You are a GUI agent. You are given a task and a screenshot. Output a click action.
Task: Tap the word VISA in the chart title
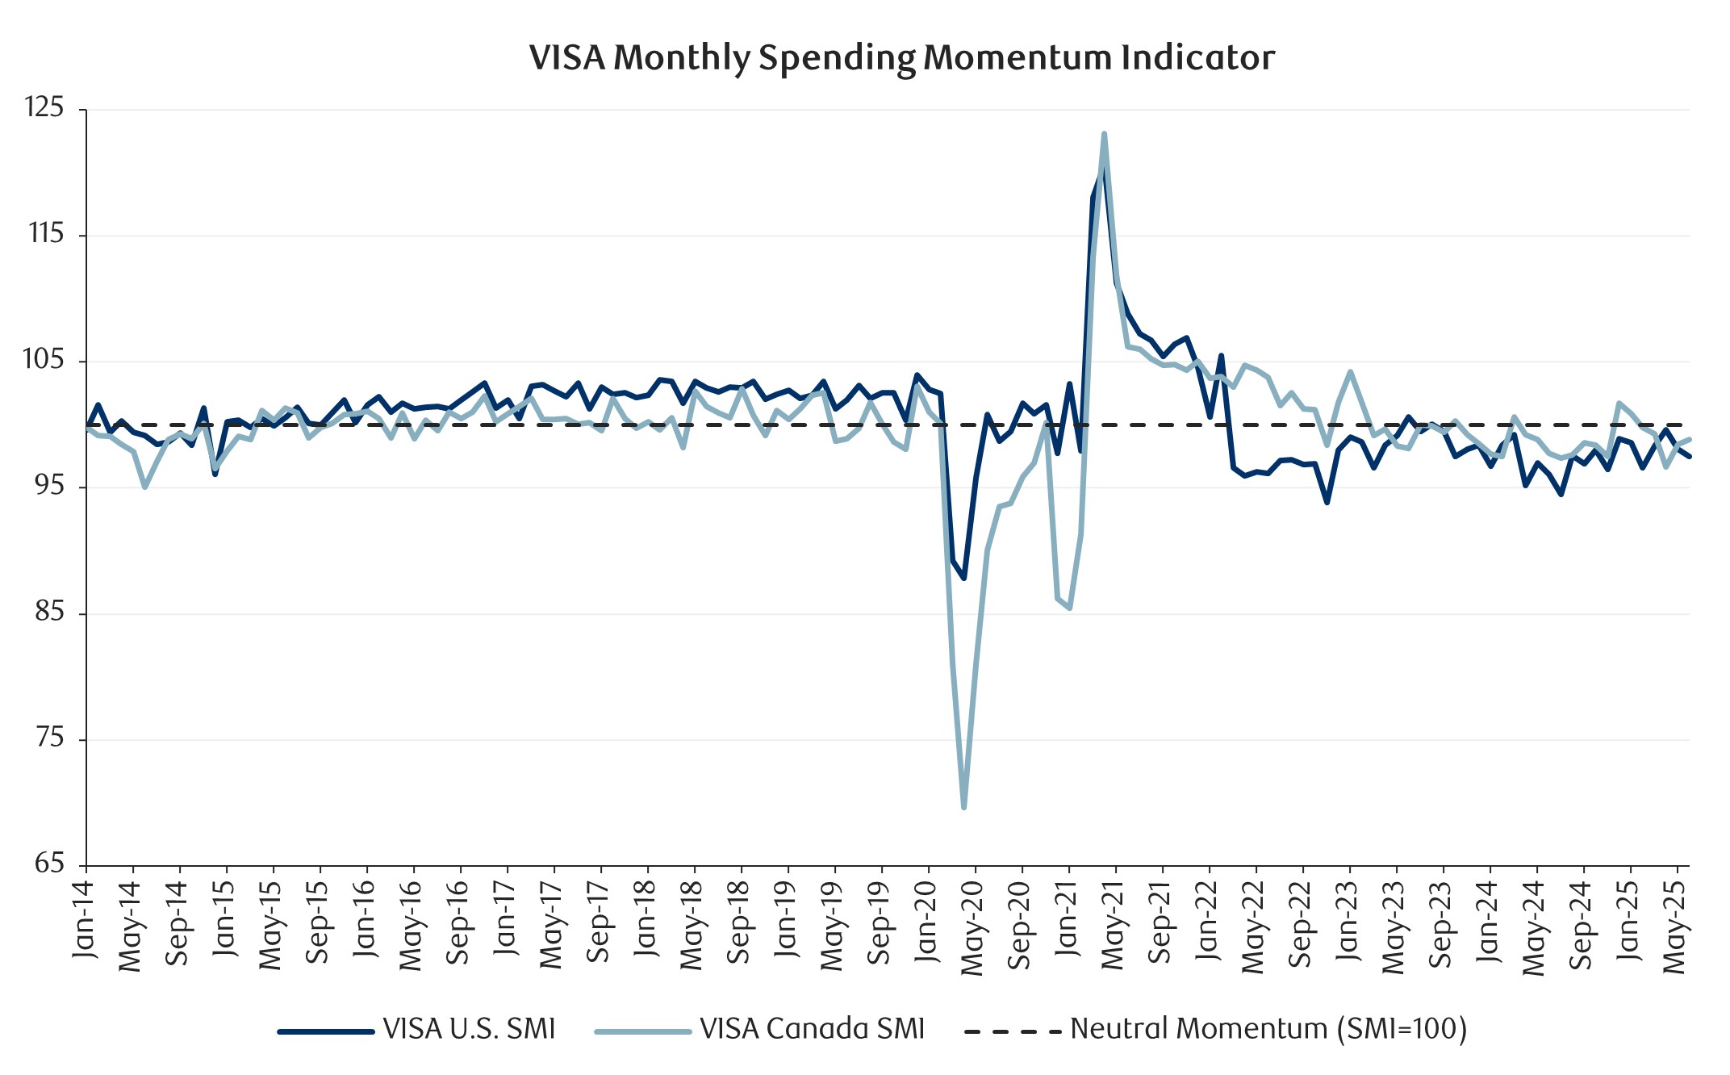pos(566,58)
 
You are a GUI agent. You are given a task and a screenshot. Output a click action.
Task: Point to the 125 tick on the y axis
pos(44,107)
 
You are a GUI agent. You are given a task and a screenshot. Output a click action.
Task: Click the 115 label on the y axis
pos(45,234)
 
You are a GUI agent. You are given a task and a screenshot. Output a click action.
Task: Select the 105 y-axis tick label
pos(44,360)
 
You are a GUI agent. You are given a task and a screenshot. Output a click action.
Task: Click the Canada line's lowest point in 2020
pos(964,806)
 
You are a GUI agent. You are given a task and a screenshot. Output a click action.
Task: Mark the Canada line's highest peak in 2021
pos(1104,134)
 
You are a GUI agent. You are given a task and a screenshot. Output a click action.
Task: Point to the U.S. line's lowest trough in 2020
pos(963,578)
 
